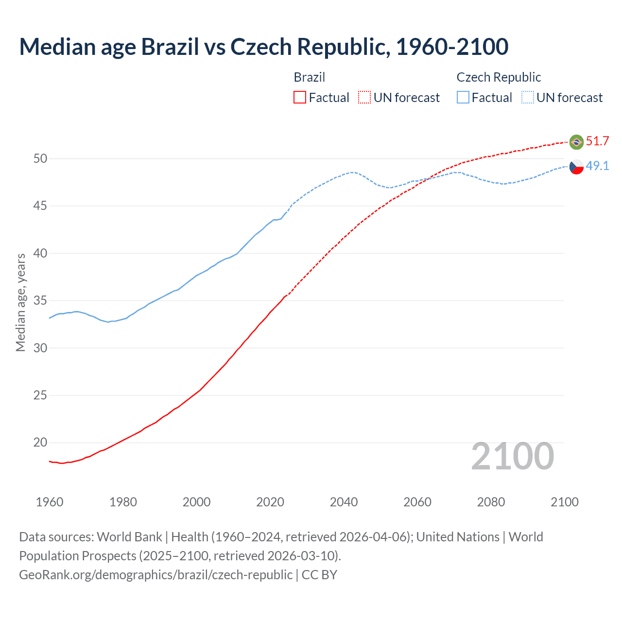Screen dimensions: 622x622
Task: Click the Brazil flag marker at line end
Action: coord(576,142)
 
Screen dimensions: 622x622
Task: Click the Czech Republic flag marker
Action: coord(576,167)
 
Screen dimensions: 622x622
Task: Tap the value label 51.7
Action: coord(597,141)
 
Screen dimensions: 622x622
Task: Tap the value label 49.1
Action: coord(597,166)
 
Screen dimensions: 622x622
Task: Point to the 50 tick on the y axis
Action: coord(40,159)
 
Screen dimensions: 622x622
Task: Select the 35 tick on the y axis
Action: coord(40,301)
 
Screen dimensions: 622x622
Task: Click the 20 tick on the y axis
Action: coord(40,443)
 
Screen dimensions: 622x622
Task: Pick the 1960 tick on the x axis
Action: coord(50,502)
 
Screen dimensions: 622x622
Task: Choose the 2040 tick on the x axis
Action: coord(344,502)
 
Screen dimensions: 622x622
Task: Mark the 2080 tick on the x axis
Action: coord(491,502)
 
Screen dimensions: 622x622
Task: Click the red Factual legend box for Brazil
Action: coord(300,98)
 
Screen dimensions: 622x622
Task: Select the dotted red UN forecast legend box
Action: coord(364,98)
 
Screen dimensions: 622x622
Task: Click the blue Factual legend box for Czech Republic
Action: coord(463,98)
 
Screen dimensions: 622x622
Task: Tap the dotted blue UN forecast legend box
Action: coord(528,98)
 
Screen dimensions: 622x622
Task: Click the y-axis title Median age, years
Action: coord(20,302)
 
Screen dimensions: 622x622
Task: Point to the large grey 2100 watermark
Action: coord(513,456)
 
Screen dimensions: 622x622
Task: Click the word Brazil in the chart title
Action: coord(170,47)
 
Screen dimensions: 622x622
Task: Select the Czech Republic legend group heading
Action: coord(499,77)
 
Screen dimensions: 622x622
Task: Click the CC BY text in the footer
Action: coord(319,575)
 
